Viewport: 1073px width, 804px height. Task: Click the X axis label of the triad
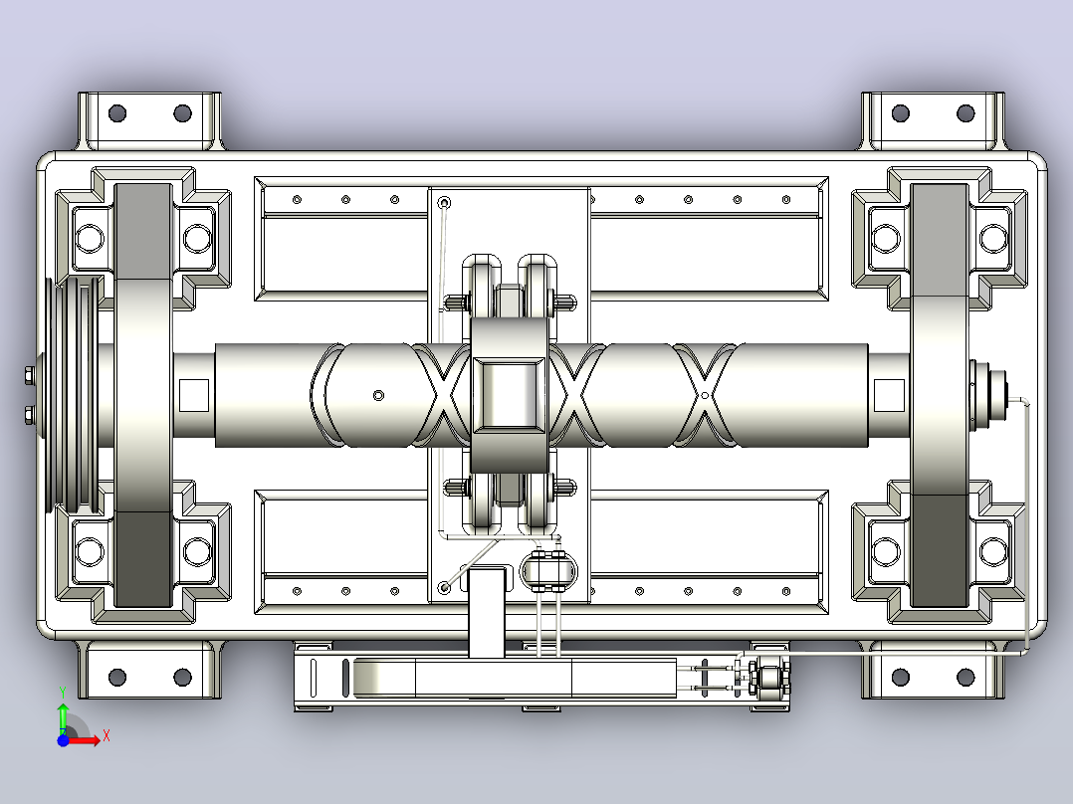[107, 736]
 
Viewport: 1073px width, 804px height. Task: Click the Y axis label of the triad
[63, 692]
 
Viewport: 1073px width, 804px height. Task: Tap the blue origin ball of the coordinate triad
[63, 740]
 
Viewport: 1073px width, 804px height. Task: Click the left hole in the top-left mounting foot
[117, 112]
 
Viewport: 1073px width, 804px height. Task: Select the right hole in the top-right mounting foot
[966, 112]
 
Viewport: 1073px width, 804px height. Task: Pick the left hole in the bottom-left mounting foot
[117, 678]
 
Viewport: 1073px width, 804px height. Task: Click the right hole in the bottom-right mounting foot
[966, 678]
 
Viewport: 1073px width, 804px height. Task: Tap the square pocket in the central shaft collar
[509, 395]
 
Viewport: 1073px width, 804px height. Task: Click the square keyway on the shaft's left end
[194, 395]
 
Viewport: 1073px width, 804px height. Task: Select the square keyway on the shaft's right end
[889, 395]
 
